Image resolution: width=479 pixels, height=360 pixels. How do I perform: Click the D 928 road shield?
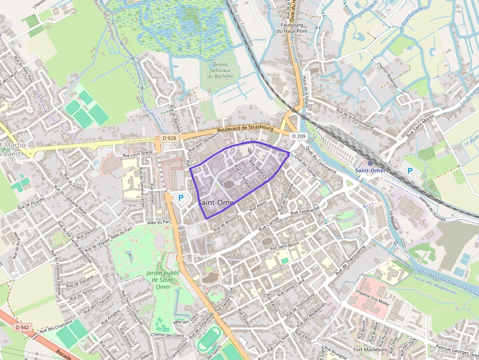[168, 138]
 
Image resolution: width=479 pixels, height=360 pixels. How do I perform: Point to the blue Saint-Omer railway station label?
[370, 170]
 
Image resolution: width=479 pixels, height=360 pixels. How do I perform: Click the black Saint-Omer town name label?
[218, 203]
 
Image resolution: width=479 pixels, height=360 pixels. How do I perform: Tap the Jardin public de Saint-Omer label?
[161, 279]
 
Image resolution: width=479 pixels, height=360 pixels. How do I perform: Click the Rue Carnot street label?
[268, 225]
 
